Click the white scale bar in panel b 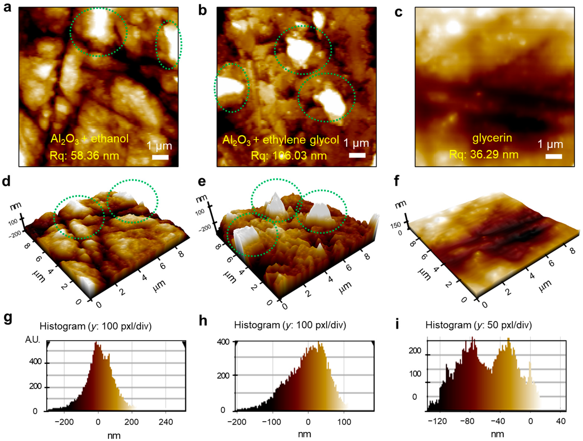pyautogui.click(x=357, y=155)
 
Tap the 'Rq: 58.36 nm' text pyautogui.click(x=84, y=156)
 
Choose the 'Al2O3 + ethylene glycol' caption pyautogui.click(x=280, y=140)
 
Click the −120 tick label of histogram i pyautogui.click(x=438, y=421)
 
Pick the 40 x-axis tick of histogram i pyautogui.click(x=561, y=421)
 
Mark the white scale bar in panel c pyautogui.click(x=554, y=156)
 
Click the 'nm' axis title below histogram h pyautogui.click(x=304, y=434)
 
